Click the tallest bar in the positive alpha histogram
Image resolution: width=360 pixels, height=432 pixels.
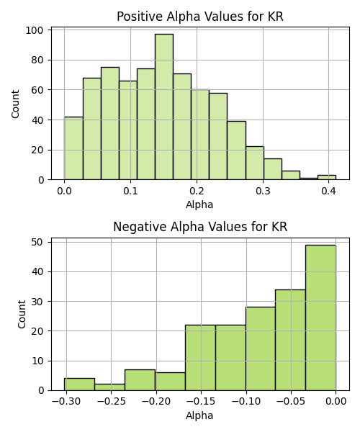coord(164,107)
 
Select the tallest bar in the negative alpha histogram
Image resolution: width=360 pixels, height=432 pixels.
coord(320,318)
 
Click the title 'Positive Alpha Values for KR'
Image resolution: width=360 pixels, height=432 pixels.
coord(200,17)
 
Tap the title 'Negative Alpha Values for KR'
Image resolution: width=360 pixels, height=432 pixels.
coord(200,227)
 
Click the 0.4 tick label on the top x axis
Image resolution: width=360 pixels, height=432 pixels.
coord(328,191)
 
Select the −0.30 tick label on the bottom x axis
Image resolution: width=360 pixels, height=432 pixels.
coord(66,402)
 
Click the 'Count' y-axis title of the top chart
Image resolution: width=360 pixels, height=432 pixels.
coord(15,104)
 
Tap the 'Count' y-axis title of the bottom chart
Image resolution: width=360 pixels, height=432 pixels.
coord(22,315)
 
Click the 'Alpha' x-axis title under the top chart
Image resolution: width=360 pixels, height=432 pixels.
coord(199,204)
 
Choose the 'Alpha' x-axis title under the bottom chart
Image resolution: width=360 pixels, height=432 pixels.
coord(199,415)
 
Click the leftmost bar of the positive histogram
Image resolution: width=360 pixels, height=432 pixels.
coord(73,148)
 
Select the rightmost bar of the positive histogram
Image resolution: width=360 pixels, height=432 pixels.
coord(327,177)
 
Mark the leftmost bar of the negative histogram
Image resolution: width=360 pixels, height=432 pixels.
coord(79,384)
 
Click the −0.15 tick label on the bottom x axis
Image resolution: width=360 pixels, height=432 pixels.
coord(201,402)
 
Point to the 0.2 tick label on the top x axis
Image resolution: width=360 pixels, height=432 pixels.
coord(197,191)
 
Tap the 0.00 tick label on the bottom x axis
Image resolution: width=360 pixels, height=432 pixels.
coord(336,402)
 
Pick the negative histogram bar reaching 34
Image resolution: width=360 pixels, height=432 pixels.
coord(290,340)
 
